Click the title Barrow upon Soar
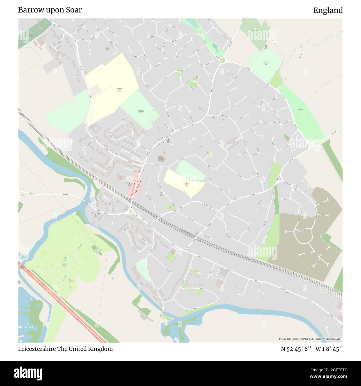[50, 10]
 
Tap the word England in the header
[328, 10]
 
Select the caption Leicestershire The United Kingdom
[66, 349]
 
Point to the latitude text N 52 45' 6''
[296, 349]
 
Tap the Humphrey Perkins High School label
[119, 90]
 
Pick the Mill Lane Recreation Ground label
[142, 269]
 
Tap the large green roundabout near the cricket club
[222, 60]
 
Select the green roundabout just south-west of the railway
[131, 211]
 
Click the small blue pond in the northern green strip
[214, 46]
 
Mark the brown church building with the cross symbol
[161, 159]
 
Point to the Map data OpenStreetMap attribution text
[310, 339]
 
